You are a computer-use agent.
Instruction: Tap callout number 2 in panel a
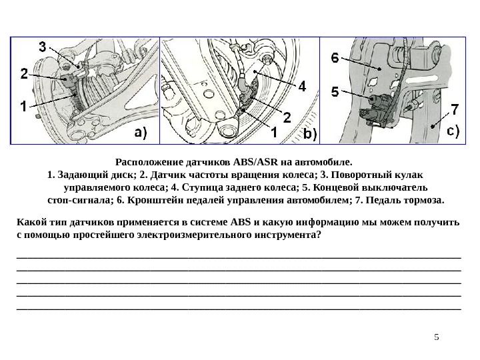tap(24, 75)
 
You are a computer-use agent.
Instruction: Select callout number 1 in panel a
tap(23, 105)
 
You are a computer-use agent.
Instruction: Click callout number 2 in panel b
tap(287, 117)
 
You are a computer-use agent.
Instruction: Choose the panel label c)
tap(454, 131)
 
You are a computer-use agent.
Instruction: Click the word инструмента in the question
tap(282, 235)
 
